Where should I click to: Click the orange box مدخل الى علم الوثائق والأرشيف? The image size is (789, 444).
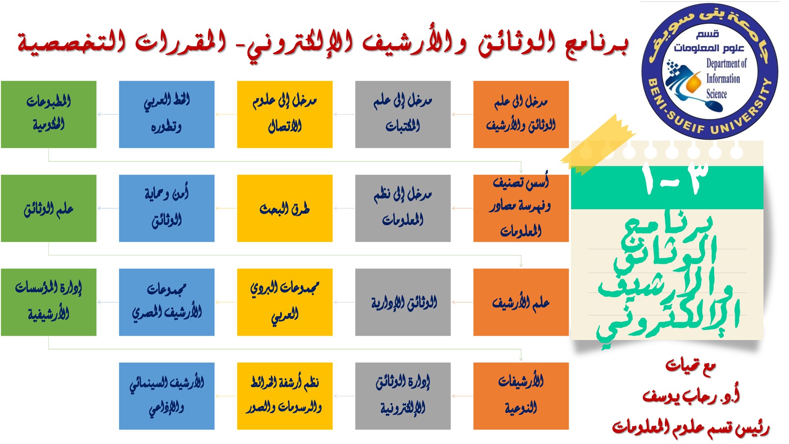[x=521, y=114]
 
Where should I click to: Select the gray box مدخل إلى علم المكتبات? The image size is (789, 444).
[x=403, y=114]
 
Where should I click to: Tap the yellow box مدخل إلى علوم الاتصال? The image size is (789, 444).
[x=285, y=114]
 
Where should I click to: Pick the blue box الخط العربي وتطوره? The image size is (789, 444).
[x=167, y=114]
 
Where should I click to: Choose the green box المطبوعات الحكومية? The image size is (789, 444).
[x=48, y=114]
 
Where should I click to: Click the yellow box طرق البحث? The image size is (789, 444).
[x=285, y=208]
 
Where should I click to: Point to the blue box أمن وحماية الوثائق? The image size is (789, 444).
[x=167, y=208]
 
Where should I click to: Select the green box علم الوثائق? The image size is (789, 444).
[x=48, y=208]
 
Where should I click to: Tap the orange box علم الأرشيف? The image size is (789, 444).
[x=521, y=302]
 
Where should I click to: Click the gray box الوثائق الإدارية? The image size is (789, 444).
[x=403, y=302]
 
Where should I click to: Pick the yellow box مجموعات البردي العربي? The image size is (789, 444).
[x=285, y=302]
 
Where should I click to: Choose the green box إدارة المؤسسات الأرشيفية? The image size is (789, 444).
[x=48, y=302]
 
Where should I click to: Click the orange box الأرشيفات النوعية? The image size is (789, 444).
[x=521, y=396]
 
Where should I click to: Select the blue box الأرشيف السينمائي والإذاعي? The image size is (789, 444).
[x=167, y=396]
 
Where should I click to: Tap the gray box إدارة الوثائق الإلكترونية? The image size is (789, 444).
[x=403, y=396]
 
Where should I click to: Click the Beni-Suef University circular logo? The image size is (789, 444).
[x=709, y=71]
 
